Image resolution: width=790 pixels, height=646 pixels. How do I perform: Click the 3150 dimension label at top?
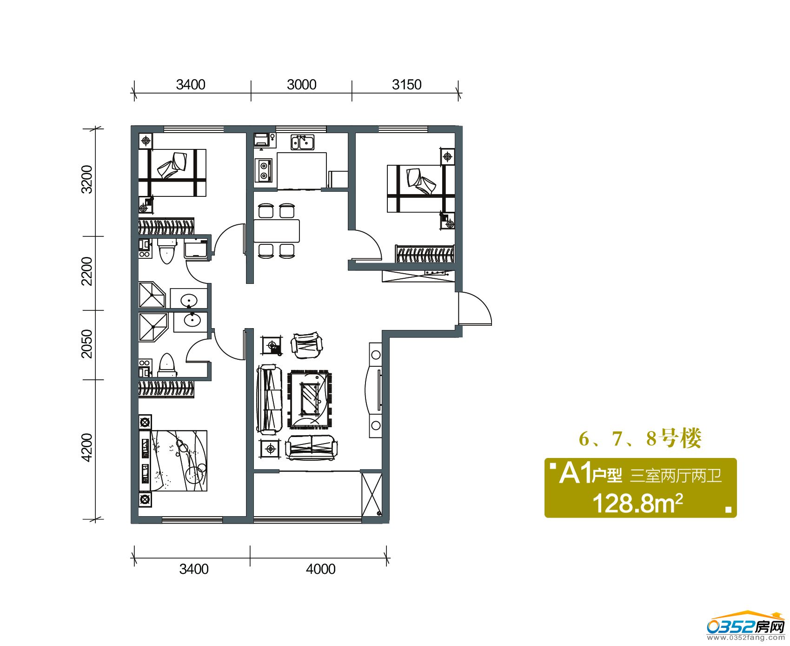pyautogui.click(x=406, y=85)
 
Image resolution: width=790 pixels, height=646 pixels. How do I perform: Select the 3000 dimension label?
pyautogui.click(x=301, y=85)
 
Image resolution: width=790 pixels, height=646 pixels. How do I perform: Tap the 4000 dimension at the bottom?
pyautogui.click(x=320, y=569)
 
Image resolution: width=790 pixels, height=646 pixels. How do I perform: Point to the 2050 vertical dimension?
pyautogui.click(x=87, y=344)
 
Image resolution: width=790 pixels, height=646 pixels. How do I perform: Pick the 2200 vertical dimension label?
pyautogui.click(x=87, y=271)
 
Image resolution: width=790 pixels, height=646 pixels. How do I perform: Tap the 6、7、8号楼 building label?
pyautogui.click(x=640, y=438)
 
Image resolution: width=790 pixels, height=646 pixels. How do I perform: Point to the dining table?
pyautogui.click(x=277, y=231)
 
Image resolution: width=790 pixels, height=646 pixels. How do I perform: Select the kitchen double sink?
pyautogui.click(x=303, y=142)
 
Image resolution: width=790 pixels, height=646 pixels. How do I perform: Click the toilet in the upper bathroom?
pyautogui.click(x=166, y=251)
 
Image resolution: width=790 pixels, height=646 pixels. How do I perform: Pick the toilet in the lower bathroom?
pyautogui.click(x=166, y=365)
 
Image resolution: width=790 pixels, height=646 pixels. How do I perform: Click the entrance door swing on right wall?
pyautogui.click(x=475, y=309)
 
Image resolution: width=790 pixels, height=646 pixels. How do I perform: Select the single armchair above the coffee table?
pyautogui.click(x=306, y=346)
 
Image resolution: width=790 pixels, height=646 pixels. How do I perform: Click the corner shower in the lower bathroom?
pyautogui.click(x=153, y=327)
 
